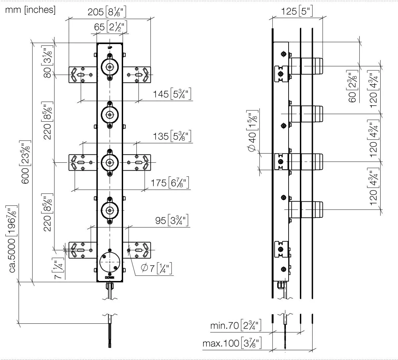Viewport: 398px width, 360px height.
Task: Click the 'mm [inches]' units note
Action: click(x=30, y=10)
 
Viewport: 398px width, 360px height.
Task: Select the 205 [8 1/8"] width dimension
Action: click(x=107, y=12)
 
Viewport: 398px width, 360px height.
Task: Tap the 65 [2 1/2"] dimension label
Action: click(x=110, y=27)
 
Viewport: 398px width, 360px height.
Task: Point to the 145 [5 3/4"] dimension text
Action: click(x=172, y=94)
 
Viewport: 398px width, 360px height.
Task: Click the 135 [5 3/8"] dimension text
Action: click(x=172, y=136)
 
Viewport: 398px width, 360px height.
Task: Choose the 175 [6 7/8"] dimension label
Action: click(x=170, y=183)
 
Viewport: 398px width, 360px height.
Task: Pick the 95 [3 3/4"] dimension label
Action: click(x=172, y=220)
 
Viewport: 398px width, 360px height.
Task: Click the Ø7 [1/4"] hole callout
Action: click(x=156, y=268)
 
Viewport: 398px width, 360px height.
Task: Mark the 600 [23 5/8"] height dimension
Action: click(x=25, y=162)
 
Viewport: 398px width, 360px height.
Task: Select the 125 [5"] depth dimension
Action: click(x=297, y=11)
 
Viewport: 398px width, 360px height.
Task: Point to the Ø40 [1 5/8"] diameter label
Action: click(x=253, y=131)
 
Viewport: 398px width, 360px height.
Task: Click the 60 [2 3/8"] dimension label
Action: click(x=352, y=86)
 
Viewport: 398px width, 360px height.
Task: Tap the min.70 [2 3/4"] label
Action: click(x=236, y=325)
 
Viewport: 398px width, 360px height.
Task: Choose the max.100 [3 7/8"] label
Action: click(x=232, y=343)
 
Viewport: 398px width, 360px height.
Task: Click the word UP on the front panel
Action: click(x=110, y=47)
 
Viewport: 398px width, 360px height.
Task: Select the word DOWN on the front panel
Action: click(x=110, y=278)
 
